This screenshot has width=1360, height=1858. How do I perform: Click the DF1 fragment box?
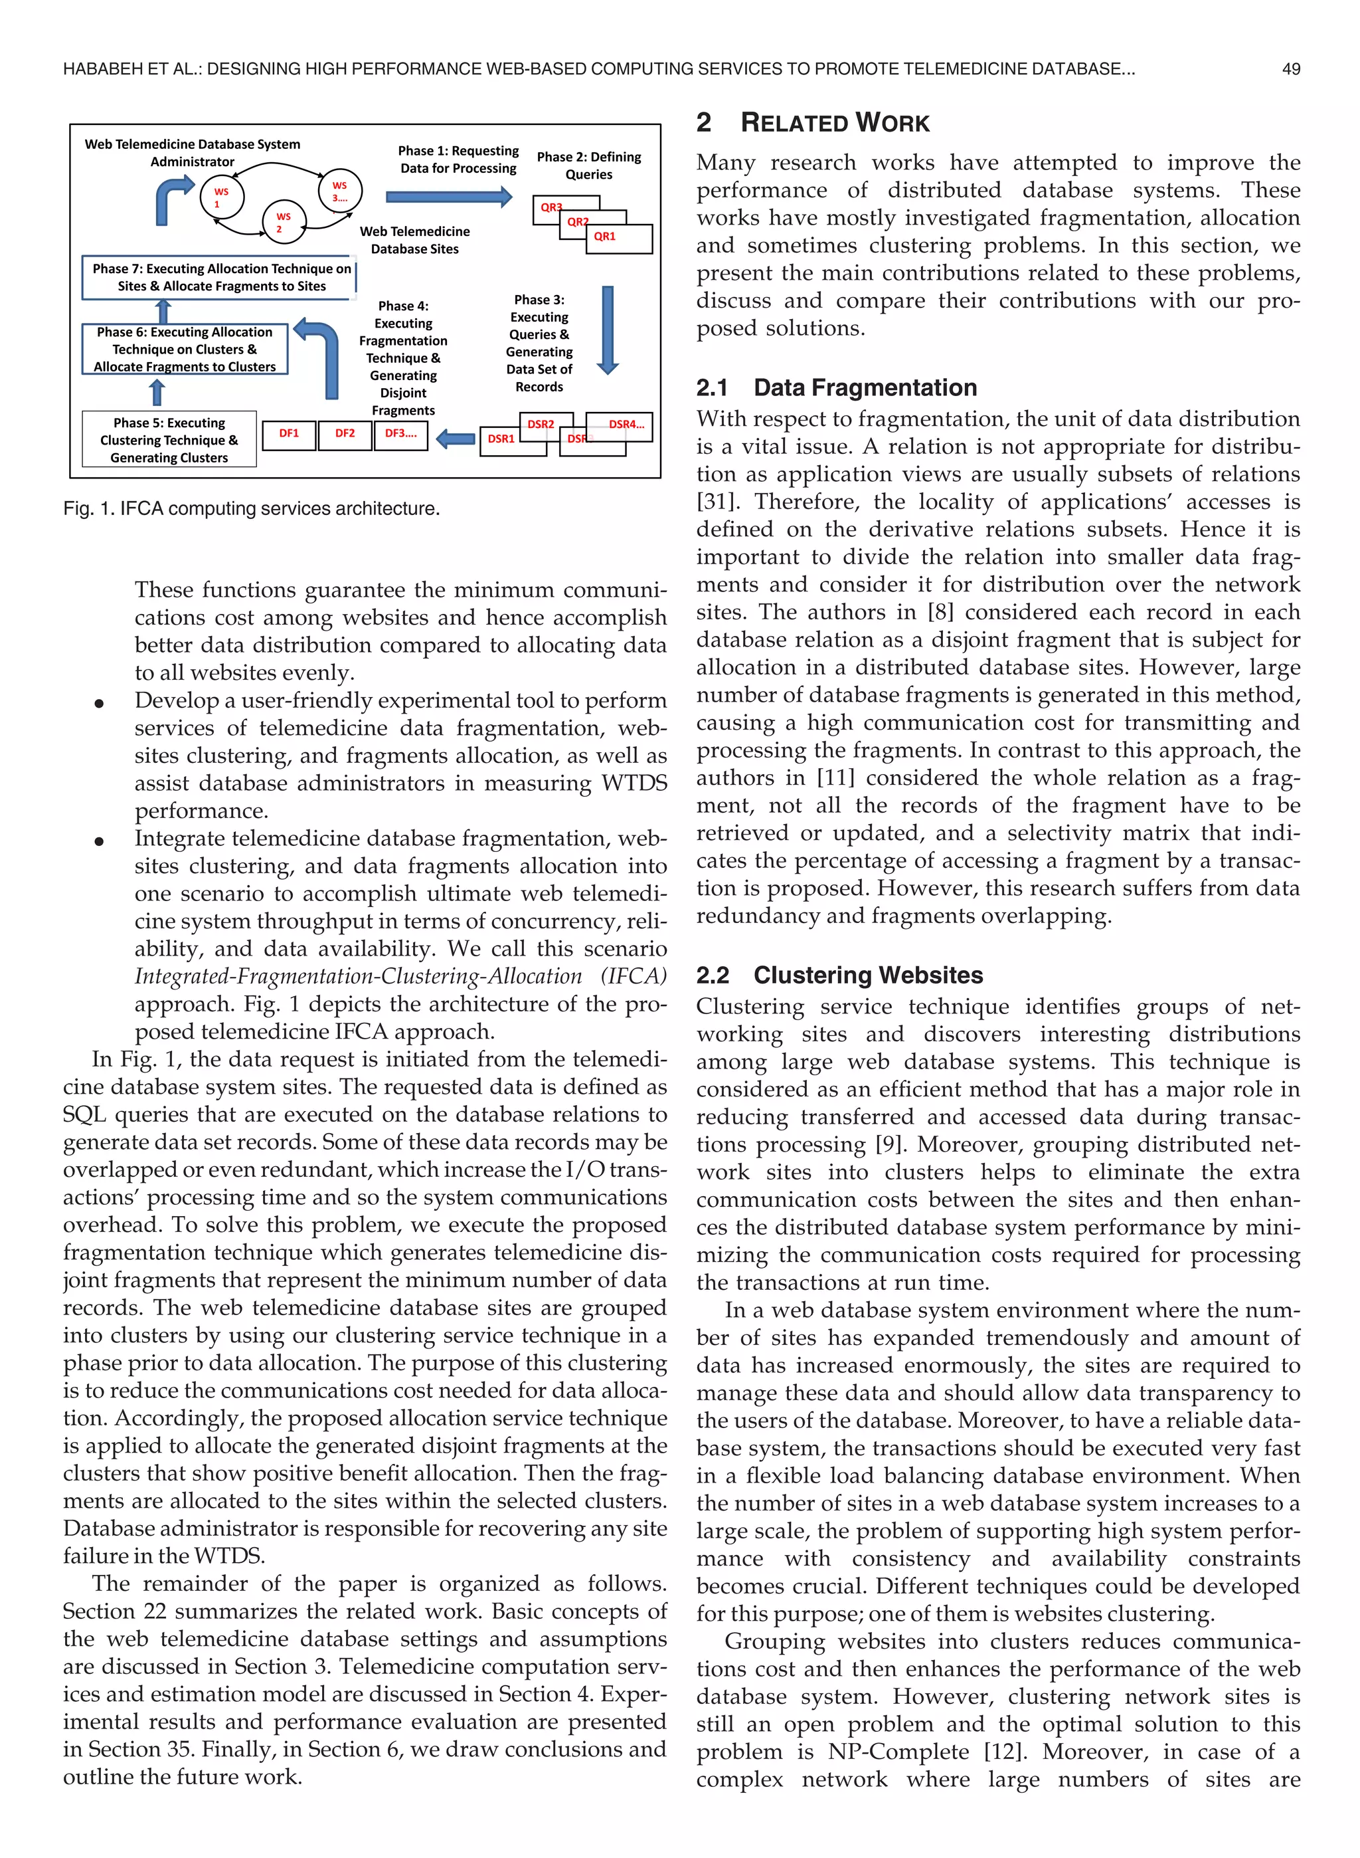(289, 434)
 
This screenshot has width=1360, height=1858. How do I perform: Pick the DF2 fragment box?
(345, 434)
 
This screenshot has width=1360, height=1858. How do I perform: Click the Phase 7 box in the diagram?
(220, 278)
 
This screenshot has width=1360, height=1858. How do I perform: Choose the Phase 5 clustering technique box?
(169, 440)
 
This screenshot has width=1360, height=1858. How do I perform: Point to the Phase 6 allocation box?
(185, 349)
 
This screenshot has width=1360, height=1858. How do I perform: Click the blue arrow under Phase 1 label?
(449, 197)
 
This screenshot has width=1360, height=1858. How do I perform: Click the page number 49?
(1291, 69)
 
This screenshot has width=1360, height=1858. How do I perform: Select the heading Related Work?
(834, 123)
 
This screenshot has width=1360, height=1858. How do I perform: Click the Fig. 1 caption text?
(251, 509)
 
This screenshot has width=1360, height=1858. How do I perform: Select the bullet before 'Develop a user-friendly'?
(99, 702)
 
